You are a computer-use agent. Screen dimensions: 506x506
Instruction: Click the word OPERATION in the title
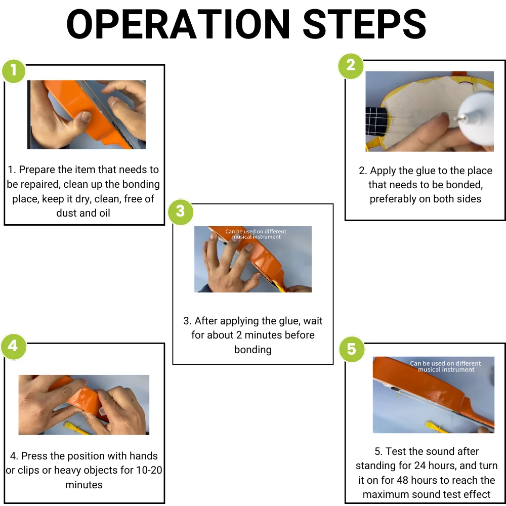[178, 24]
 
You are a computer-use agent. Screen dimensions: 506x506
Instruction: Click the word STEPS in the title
[365, 24]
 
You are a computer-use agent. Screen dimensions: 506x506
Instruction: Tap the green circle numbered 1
[14, 71]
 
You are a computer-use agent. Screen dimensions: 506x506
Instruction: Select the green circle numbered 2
[351, 66]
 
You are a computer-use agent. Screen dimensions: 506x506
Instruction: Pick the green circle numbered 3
[181, 212]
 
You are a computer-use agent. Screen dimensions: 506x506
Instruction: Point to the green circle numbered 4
[14, 346]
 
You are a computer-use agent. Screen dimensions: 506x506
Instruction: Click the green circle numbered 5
[352, 349]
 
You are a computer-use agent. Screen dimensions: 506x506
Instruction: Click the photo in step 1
[87, 114]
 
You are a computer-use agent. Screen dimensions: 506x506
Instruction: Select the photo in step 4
[84, 405]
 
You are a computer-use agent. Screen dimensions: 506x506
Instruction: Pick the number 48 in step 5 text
[403, 480]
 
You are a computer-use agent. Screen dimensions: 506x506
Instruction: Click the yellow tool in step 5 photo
[437, 427]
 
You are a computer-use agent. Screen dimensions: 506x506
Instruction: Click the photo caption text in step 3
[256, 234]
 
